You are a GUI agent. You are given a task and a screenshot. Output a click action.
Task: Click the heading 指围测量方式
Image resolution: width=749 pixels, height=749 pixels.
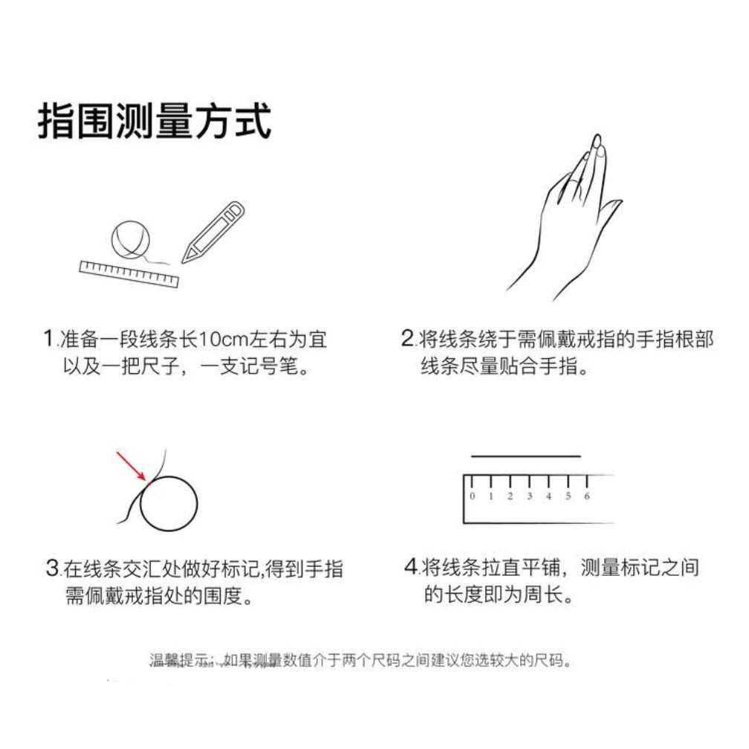coord(155,121)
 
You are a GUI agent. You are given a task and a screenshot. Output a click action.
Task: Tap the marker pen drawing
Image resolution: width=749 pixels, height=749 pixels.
coord(213,232)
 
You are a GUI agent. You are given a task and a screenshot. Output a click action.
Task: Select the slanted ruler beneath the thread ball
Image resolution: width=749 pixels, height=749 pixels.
coord(129,273)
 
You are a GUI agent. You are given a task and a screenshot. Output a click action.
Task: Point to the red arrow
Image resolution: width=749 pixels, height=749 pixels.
coord(132,466)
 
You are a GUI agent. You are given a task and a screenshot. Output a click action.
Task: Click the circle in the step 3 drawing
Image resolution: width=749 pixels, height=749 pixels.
coord(168,504)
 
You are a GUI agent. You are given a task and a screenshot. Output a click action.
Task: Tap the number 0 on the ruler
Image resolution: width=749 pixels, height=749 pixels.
coord(473,496)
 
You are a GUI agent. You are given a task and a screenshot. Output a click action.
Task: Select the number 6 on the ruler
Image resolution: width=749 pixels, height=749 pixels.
coord(586,496)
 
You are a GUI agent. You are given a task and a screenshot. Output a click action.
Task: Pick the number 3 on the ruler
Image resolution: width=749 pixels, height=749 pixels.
coord(529,496)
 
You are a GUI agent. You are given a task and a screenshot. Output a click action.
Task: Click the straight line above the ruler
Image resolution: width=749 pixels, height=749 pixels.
coord(525,456)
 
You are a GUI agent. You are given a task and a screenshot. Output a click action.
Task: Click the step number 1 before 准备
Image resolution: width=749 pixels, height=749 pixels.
coord(49,339)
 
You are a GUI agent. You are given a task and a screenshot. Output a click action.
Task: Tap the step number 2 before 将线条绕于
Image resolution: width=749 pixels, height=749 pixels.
coord(407,338)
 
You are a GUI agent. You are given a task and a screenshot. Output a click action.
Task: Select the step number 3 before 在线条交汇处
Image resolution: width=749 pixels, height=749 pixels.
coord(52,568)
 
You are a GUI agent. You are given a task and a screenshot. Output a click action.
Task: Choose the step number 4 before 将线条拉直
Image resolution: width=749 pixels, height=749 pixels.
coord(411,566)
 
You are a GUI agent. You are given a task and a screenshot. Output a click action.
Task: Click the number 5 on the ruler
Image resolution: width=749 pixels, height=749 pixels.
coord(568,496)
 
